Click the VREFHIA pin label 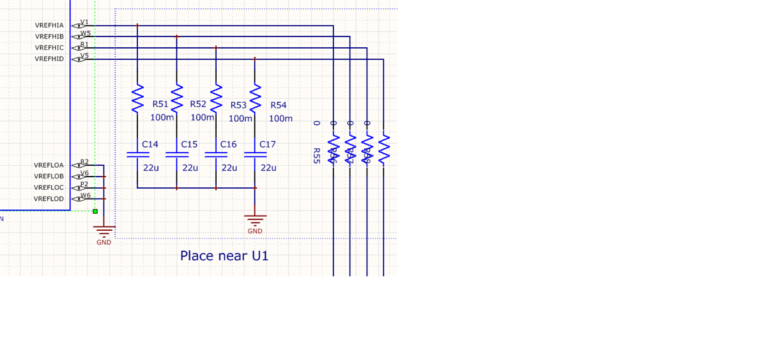49,25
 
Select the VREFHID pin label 49,59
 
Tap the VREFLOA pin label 49,165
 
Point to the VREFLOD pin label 49,199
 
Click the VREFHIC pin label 49,48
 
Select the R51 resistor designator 161,104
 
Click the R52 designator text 198,104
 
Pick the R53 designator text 238,105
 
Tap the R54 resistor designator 278,105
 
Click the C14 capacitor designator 150,144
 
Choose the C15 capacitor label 189,144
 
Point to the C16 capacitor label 228,144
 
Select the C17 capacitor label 268,144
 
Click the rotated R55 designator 316,156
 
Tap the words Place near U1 224,255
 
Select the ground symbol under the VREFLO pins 104,231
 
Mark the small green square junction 95,211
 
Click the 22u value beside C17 268,168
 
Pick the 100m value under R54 280,118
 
